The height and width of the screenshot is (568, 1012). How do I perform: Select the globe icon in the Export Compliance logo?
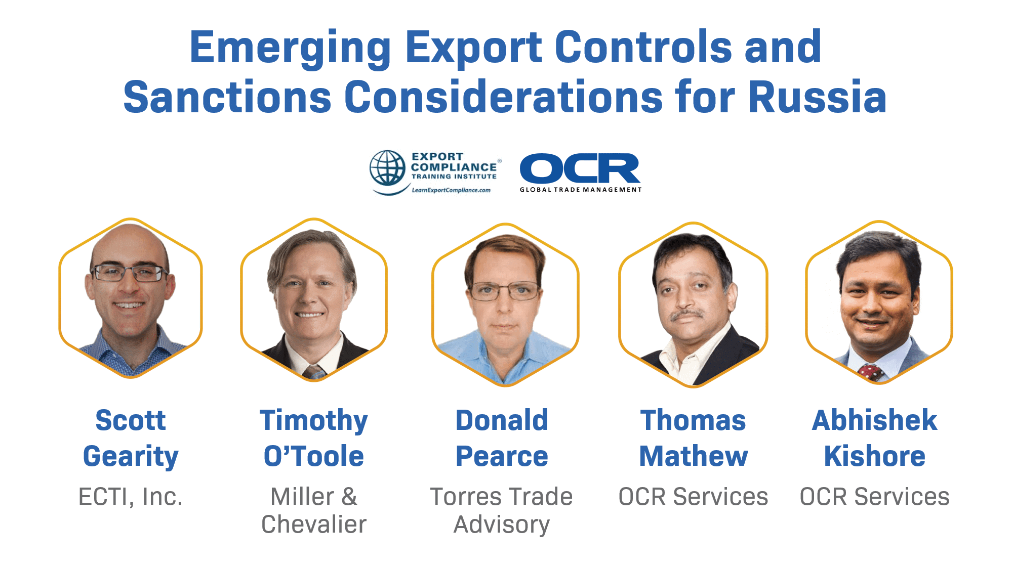point(387,168)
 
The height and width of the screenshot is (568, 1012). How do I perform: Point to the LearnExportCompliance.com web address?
point(451,190)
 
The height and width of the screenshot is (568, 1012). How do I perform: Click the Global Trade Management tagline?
point(581,190)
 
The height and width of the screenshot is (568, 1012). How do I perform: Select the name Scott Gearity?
point(131,438)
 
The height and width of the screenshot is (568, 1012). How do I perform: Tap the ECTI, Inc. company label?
point(131,497)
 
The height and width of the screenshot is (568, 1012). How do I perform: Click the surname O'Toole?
point(314,456)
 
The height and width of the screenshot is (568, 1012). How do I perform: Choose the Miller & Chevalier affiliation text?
point(314,510)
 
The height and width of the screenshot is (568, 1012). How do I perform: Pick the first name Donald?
point(502,420)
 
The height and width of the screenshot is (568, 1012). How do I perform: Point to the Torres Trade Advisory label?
point(502,510)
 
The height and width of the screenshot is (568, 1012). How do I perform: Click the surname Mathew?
point(694,456)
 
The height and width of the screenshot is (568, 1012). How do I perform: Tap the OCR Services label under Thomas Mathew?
point(694,497)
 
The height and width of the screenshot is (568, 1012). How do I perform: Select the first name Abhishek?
point(875,420)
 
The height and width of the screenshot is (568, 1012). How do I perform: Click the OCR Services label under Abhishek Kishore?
point(875,497)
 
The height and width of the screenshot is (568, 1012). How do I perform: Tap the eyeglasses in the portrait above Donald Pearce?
point(505,291)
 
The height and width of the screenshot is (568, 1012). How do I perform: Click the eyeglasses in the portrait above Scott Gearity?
point(130,274)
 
